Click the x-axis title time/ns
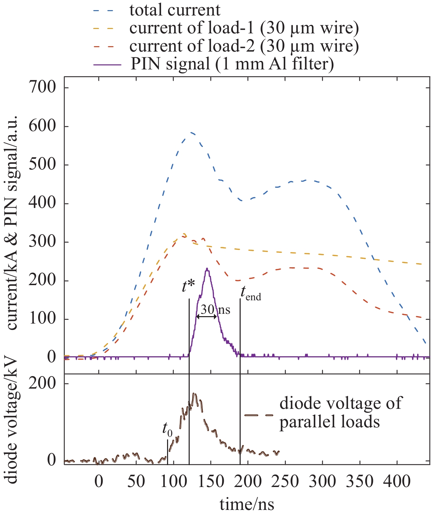(x=247, y=504)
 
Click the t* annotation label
(x=188, y=287)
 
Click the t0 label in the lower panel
(x=167, y=429)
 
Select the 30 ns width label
(x=215, y=309)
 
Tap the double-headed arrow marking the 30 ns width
(x=206, y=317)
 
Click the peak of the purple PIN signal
(x=207, y=269)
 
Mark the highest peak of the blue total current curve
(x=191, y=132)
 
